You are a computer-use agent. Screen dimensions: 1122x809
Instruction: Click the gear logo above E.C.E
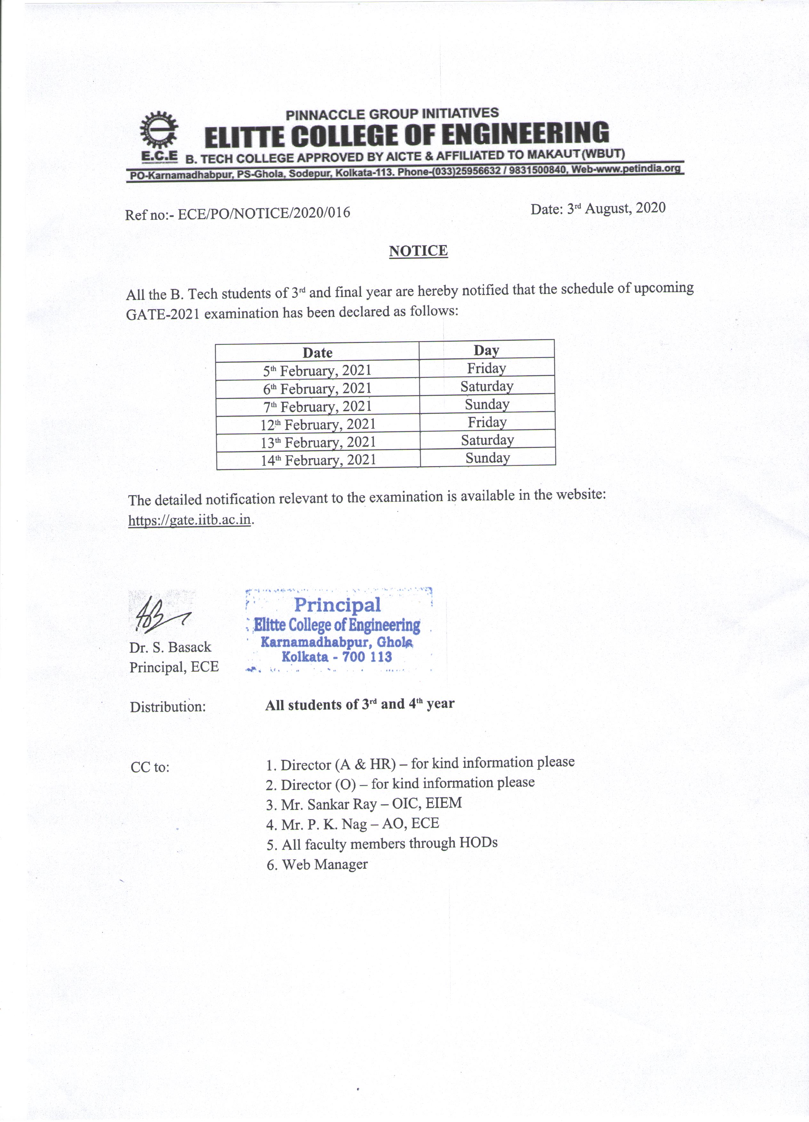point(158,130)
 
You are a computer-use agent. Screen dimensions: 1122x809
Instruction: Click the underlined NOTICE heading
point(418,251)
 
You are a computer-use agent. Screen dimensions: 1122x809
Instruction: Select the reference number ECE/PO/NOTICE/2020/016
point(264,213)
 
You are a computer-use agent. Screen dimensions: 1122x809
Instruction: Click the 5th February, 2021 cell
point(317,370)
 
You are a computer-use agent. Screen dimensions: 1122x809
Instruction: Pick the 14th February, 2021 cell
point(319,460)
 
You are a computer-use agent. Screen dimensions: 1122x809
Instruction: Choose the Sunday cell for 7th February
point(487,404)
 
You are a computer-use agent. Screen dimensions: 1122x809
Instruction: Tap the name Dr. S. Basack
point(170,647)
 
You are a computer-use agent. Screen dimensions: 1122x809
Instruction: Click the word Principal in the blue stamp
point(337,605)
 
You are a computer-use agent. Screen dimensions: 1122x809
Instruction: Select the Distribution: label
point(168,706)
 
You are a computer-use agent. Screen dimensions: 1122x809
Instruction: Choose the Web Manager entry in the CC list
point(317,864)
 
